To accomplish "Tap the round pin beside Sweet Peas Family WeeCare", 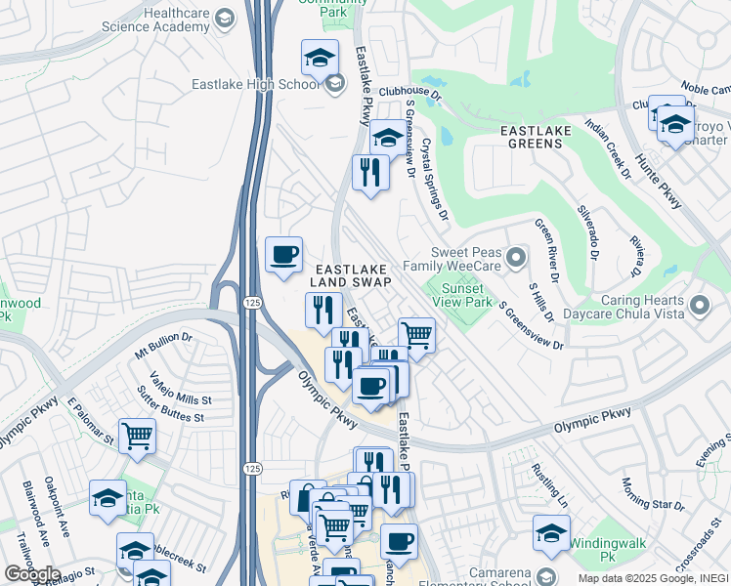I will [516, 258].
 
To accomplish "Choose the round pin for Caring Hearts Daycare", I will [699, 306].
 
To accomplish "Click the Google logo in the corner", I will [32, 574].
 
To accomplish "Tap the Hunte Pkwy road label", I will [661, 176].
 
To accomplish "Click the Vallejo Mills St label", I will [181, 387].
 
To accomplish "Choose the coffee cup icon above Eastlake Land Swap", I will [283, 256].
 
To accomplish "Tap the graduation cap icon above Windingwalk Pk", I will [552, 534].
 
